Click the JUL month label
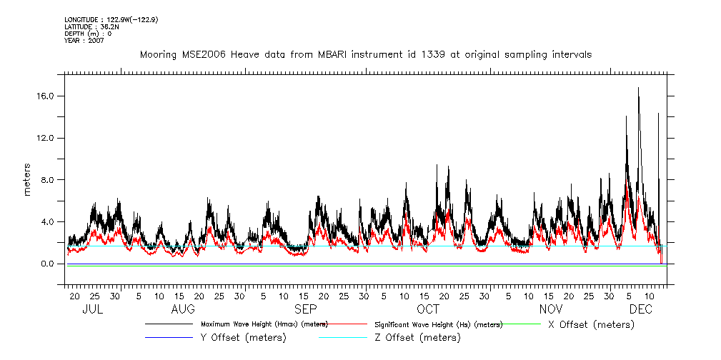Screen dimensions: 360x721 pos(93,309)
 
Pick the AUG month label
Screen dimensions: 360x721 pos(183,309)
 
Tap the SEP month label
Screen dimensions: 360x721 pos(306,309)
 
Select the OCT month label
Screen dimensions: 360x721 pos(428,309)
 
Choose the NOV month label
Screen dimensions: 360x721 pos(550,309)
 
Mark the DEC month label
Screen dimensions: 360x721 pos(640,309)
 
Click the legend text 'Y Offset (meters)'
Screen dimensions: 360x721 pos(243,338)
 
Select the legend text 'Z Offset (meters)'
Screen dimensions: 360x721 pos(417,338)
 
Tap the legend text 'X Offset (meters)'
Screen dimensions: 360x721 pos(590,324)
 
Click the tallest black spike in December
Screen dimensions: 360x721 pos(638,89)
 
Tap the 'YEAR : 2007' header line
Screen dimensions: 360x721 pos(84,41)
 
